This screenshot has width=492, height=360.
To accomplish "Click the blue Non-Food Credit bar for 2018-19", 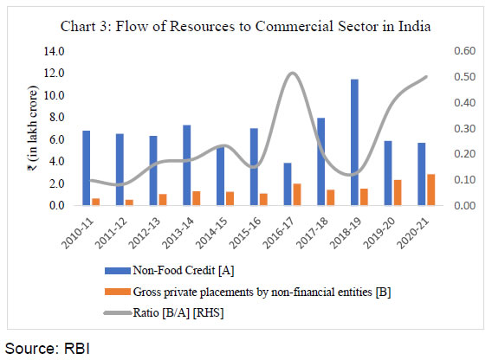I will click(x=378, y=143).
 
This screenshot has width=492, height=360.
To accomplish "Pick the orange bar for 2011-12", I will click(x=130, y=202).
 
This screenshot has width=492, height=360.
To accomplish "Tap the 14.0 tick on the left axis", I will click(x=55, y=52).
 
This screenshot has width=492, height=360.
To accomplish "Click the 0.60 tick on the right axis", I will click(x=453, y=52).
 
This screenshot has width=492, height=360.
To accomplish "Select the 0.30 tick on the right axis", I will click(x=453, y=129).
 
